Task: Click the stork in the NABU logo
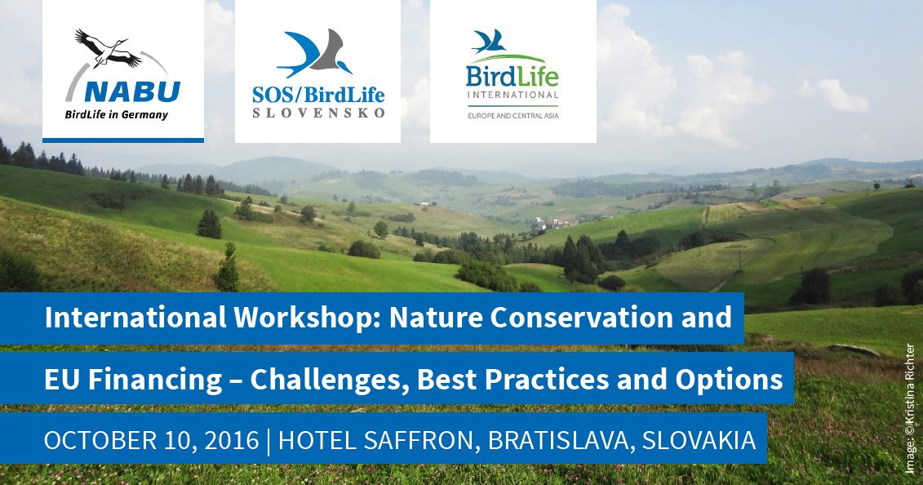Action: [109, 48]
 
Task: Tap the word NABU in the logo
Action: [132, 91]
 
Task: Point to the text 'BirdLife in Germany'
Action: [117, 115]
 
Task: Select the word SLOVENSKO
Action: [318, 113]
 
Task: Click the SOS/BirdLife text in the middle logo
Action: [318, 94]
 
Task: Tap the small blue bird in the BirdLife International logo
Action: [489, 41]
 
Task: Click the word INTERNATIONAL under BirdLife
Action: [513, 95]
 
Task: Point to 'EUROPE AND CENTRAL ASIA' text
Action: [513, 116]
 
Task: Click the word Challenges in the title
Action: [330, 380]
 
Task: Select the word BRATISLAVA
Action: [560, 440]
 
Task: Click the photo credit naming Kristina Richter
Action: [911, 408]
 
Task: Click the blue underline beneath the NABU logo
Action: [123, 140]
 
